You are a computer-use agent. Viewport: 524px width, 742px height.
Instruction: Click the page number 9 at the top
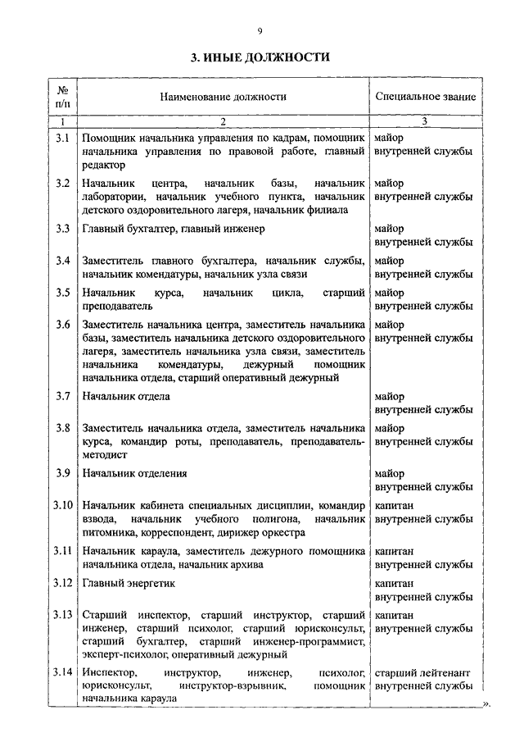[x=260, y=31]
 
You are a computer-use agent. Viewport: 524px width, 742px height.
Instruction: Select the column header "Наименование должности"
[x=224, y=97]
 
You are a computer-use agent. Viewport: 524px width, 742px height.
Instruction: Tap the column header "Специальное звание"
[x=425, y=97]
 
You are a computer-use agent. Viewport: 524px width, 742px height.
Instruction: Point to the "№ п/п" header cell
[x=62, y=97]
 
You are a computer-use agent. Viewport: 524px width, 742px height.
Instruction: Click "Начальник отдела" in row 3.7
[x=126, y=396]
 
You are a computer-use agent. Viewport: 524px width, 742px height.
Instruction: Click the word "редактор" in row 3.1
[x=104, y=165]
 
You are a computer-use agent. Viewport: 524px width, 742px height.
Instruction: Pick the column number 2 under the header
[x=222, y=122]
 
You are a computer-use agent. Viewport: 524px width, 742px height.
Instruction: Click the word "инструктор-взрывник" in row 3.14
[x=231, y=685]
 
